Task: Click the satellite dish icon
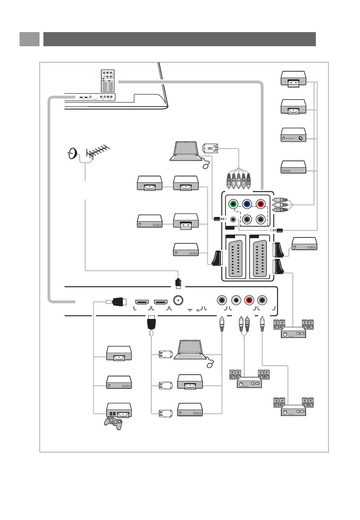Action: click(73, 154)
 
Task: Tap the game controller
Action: click(113, 423)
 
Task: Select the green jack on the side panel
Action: click(233, 204)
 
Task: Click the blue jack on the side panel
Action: click(247, 204)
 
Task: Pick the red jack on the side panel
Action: click(260, 204)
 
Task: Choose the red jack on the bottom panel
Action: click(249, 300)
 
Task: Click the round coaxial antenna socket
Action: click(178, 300)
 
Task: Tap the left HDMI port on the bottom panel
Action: click(142, 302)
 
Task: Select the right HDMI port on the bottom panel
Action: click(161, 302)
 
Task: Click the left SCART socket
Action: click(235, 259)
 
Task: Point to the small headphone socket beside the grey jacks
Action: click(233, 219)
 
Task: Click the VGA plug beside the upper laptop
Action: click(210, 148)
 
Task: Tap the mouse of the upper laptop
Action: click(206, 166)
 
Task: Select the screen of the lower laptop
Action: click(190, 347)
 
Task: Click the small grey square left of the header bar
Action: click(29, 39)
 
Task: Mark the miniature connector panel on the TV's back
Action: click(108, 81)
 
